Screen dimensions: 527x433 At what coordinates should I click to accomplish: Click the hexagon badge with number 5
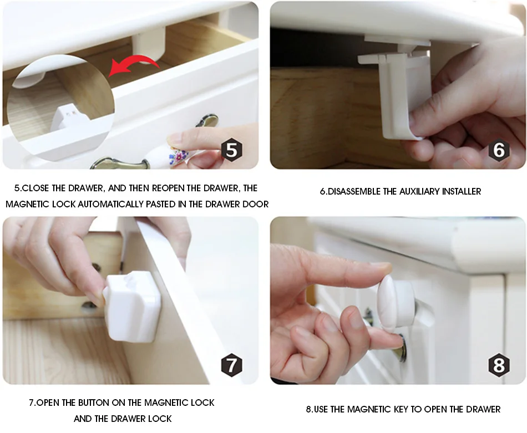(232, 150)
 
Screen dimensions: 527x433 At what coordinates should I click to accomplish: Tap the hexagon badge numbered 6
(499, 150)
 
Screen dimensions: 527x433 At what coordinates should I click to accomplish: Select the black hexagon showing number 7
(231, 365)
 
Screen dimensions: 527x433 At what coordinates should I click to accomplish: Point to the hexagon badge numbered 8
(499, 365)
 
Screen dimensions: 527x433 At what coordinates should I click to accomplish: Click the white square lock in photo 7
(132, 305)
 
